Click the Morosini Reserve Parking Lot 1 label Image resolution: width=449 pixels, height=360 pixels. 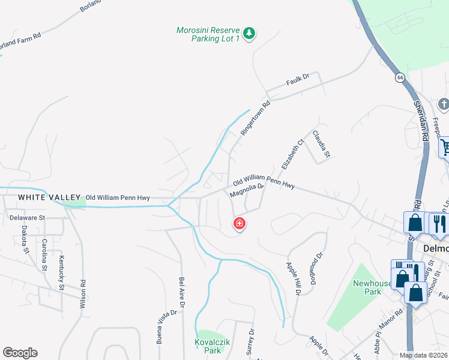tap(208, 34)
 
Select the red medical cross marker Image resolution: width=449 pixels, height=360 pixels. tap(239, 224)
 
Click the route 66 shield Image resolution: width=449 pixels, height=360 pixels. tap(399, 77)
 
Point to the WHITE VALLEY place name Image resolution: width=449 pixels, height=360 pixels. tap(49, 197)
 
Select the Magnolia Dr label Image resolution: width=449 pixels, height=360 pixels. tap(247, 190)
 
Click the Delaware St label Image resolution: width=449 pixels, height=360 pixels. tap(27, 217)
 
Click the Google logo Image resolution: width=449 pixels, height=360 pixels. tap(20, 353)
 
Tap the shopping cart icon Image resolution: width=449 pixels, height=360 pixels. tap(445, 147)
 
